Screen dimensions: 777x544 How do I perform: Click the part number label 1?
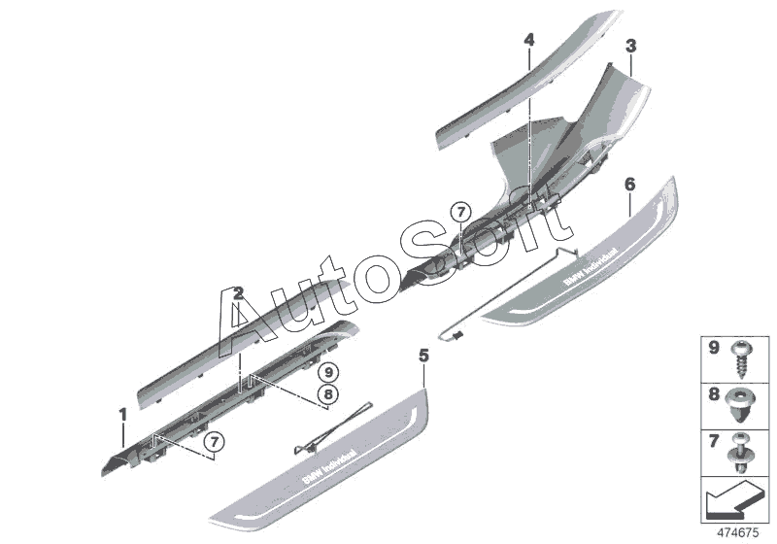tap(123, 416)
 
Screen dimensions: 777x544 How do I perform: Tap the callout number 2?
tap(238, 292)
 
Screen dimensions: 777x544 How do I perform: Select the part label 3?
tap(630, 46)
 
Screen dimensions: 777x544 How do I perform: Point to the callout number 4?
tap(528, 40)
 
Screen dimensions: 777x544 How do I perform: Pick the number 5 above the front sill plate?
tap(422, 357)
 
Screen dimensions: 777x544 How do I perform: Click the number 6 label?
tap(629, 183)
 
